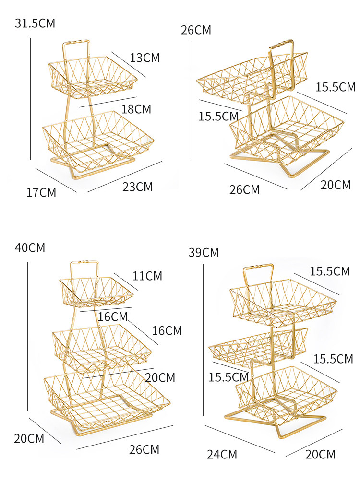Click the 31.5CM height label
(x=35, y=23)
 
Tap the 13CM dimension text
(x=144, y=58)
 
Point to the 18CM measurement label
(x=136, y=109)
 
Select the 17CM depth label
(x=41, y=193)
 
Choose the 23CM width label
(x=137, y=187)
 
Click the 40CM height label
(x=30, y=248)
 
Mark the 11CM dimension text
(x=147, y=276)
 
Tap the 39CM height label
(x=204, y=253)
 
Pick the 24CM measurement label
(x=222, y=454)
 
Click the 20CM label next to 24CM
(x=320, y=454)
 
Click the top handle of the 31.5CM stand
(x=75, y=44)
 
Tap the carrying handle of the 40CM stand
(x=84, y=263)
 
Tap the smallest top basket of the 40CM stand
(x=96, y=292)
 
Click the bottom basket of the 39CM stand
(x=286, y=393)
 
